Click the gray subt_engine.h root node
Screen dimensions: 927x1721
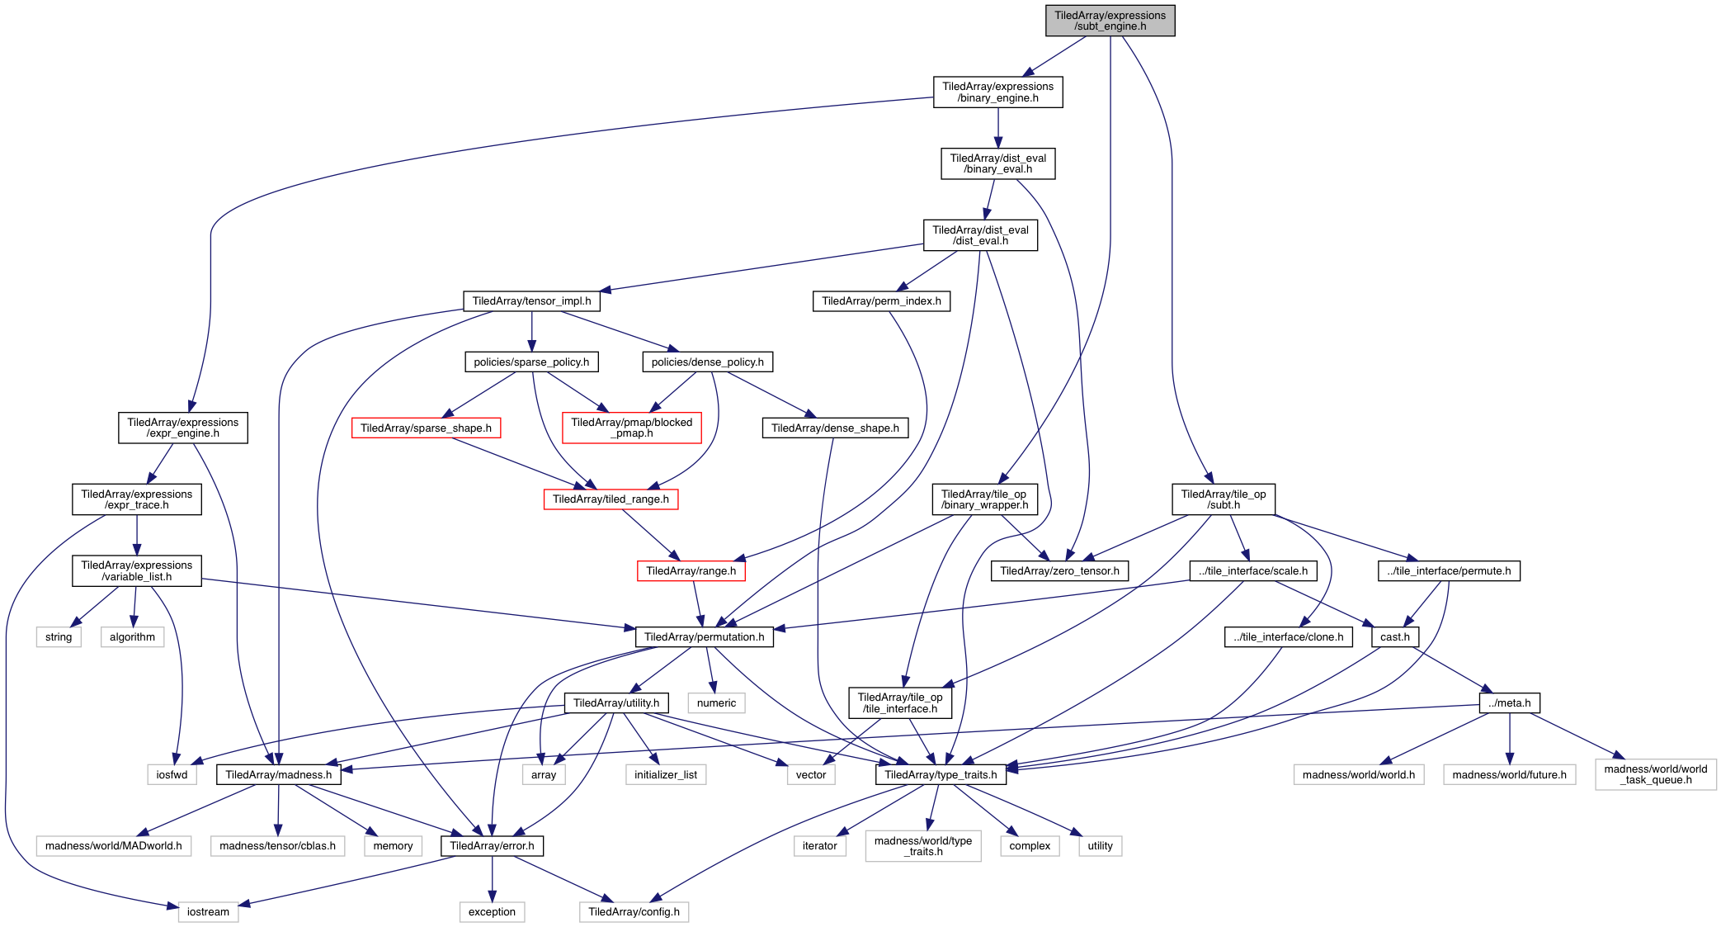[x=1110, y=21]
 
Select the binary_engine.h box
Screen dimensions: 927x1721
[x=997, y=92]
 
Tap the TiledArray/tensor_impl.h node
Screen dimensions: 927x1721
[x=531, y=301]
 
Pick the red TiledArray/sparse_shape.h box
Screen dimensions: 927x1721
[x=426, y=428]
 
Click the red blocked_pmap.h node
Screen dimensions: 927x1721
[x=631, y=428]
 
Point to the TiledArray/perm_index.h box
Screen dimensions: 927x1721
[x=881, y=301]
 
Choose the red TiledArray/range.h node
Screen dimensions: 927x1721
[x=691, y=570]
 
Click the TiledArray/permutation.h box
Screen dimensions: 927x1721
[x=704, y=636]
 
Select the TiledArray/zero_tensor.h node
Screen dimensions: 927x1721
[x=1059, y=570]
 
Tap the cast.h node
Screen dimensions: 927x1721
[x=1394, y=636]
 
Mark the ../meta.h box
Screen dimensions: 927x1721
[x=1509, y=702]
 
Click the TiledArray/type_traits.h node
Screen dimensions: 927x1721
[x=941, y=774]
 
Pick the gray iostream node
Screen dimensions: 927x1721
[x=208, y=911]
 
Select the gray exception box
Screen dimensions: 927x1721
[x=492, y=911]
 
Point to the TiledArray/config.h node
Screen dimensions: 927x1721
[x=634, y=911]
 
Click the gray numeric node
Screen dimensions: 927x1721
[x=716, y=702]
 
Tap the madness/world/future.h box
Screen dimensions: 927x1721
[x=1509, y=774]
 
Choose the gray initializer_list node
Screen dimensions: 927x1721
[x=666, y=774]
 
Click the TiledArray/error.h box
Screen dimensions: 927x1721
[x=492, y=845]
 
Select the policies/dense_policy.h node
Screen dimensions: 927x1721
[x=707, y=362]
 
